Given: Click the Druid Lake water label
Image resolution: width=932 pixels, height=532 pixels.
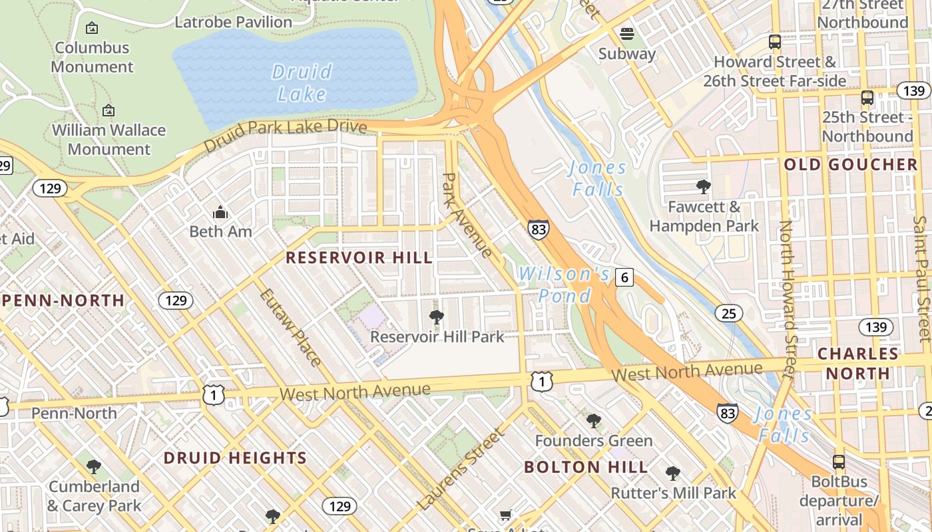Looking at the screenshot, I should coord(302,82).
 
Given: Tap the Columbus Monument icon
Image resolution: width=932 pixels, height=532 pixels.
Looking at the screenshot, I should coord(92,28).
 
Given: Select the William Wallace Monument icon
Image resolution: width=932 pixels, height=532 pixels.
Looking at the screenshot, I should coord(109,110).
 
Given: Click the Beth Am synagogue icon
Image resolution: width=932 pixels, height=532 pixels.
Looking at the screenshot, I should coord(220,213).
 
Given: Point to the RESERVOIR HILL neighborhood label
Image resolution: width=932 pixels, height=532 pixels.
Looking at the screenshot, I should coord(359,257).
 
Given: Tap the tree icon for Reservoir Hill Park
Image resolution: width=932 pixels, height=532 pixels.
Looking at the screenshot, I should coord(437,317).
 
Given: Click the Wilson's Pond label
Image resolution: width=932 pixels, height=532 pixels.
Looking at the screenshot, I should coord(564,284).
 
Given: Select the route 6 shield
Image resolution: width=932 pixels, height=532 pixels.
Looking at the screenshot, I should coord(624,277).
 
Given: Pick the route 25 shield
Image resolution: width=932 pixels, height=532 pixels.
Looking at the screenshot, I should coord(729,313).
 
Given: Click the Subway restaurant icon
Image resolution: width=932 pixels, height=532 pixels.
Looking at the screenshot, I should coord(626,34).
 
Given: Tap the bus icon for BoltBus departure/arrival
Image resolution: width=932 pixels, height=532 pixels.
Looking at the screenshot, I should coord(839,462).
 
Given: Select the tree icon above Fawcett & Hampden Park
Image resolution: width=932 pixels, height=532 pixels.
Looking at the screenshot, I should coord(703,187).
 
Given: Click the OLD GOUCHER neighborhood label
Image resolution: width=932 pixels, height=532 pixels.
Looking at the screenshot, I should coord(851,165).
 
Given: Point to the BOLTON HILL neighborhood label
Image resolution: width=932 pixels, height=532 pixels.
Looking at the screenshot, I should coord(586,467).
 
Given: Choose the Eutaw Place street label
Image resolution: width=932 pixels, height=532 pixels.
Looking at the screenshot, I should coord(290,327).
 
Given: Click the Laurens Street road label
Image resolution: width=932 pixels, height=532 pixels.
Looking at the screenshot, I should coord(461,470).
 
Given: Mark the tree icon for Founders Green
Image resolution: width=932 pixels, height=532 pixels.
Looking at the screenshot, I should coord(593,421).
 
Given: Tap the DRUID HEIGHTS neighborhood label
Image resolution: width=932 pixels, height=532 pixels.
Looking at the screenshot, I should coord(235,458).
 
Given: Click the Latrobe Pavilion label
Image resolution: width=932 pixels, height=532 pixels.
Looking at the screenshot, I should coord(233,22).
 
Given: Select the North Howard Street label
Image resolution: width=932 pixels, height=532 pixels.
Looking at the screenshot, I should coord(787,299).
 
